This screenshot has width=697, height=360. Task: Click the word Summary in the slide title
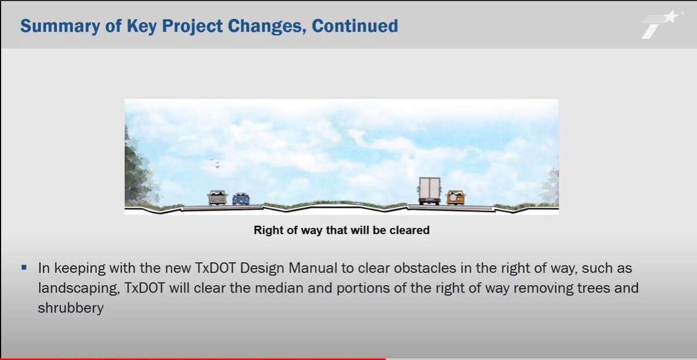60,26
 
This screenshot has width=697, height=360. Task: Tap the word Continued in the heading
355,26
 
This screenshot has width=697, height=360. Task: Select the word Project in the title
192,26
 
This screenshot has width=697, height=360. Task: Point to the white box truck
429,190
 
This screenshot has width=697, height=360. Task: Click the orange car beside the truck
455,197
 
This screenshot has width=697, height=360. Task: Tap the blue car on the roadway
241,199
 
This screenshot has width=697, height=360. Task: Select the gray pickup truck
217,197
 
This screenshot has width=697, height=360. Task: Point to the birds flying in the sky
215,163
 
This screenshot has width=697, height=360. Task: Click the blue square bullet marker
24,267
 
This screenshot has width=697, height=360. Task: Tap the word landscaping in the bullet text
79,289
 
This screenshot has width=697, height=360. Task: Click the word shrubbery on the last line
71,308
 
